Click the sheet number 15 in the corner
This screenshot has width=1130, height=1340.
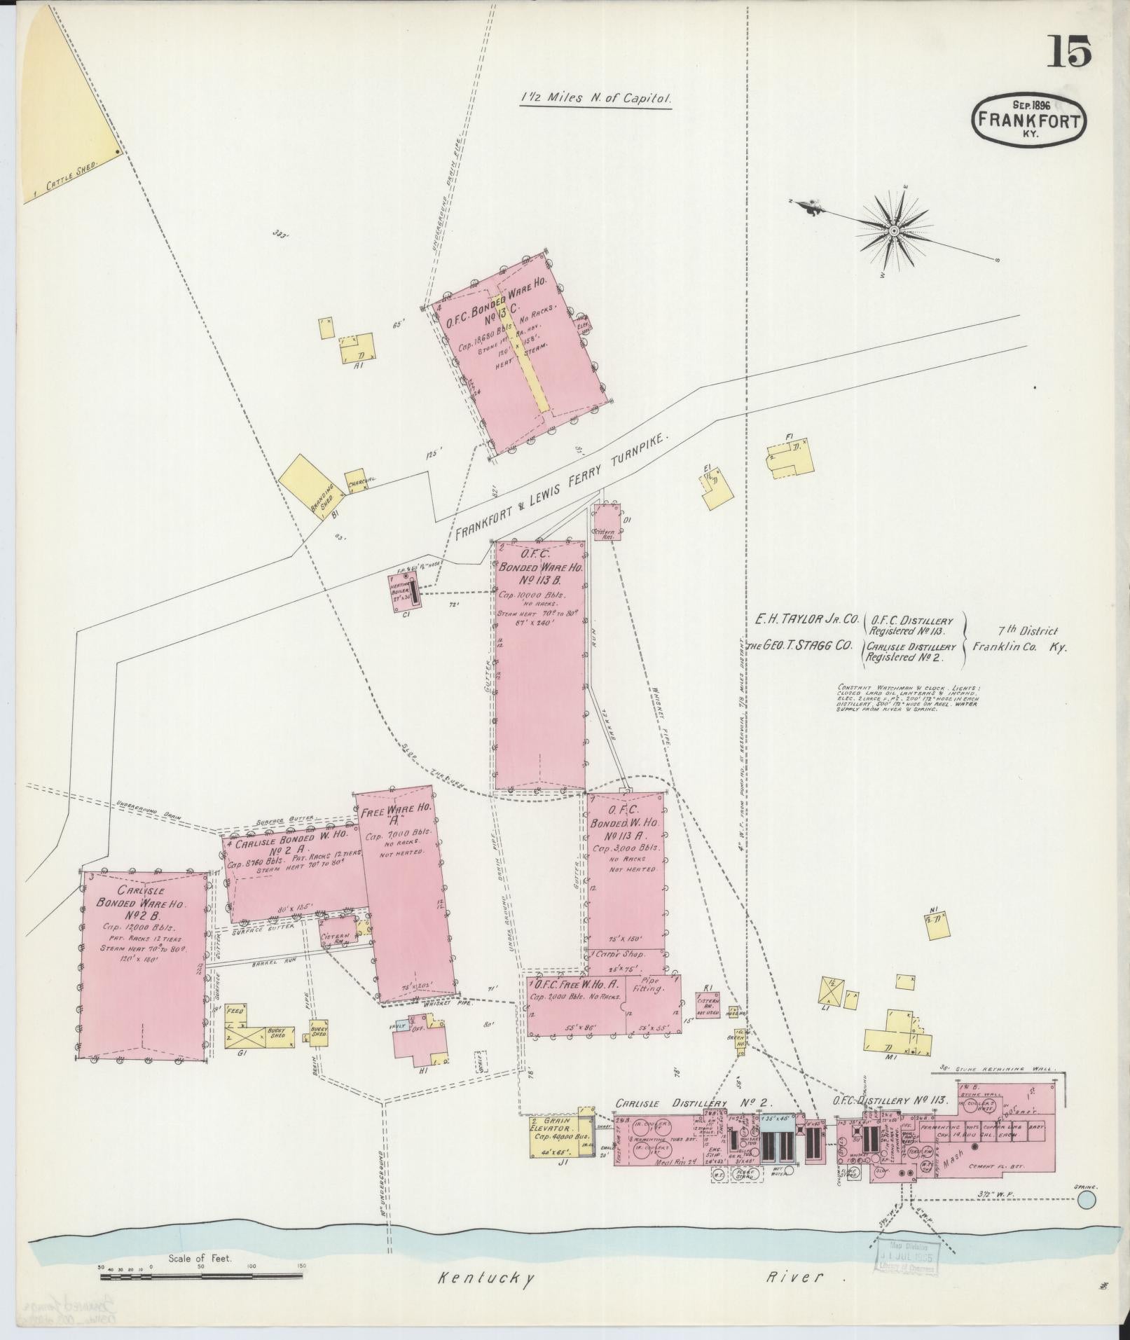(x=1069, y=53)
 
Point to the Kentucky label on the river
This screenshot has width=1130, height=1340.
(x=486, y=1276)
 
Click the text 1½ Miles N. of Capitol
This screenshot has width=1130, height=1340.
(x=595, y=99)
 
